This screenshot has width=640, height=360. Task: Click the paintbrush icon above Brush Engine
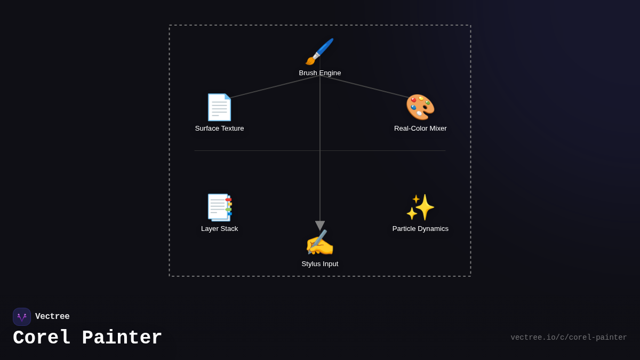coord(319,52)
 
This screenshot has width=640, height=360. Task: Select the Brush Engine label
coord(320,73)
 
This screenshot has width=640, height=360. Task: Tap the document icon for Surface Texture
coord(219,107)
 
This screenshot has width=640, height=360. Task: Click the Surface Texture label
coord(219,129)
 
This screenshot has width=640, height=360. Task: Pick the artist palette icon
coord(420,107)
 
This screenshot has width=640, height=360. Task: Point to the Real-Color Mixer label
coord(420,129)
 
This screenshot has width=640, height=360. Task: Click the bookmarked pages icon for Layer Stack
coord(219,207)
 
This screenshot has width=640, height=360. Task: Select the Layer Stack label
coord(219,229)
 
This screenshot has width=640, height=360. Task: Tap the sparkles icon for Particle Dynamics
coord(420,207)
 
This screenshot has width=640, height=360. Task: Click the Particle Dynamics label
coord(420,229)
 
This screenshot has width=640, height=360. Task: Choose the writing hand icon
coord(319,243)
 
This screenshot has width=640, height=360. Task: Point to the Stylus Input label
coord(320,264)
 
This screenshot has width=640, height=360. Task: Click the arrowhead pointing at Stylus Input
coord(320,226)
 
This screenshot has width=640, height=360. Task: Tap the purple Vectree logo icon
coord(22,317)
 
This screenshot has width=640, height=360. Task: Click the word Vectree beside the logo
coord(52,317)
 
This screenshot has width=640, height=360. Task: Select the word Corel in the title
coord(42,338)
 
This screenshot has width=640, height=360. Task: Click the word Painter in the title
coord(122,338)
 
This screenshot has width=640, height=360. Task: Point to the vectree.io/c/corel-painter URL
coord(569,338)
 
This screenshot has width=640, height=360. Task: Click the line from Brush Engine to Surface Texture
coord(275,87)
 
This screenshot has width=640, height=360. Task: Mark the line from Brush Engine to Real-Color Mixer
coord(365,87)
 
